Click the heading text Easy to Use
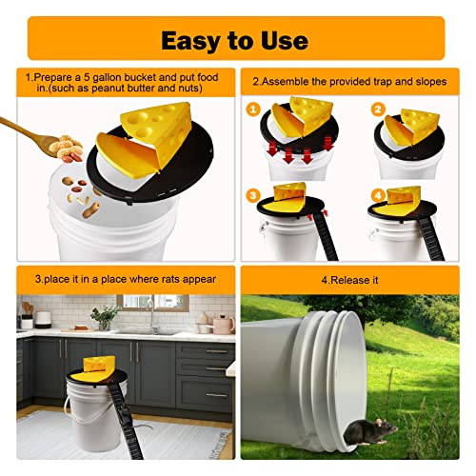(234, 40)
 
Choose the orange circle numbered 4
(378, 196)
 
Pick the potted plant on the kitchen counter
(105, 316)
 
